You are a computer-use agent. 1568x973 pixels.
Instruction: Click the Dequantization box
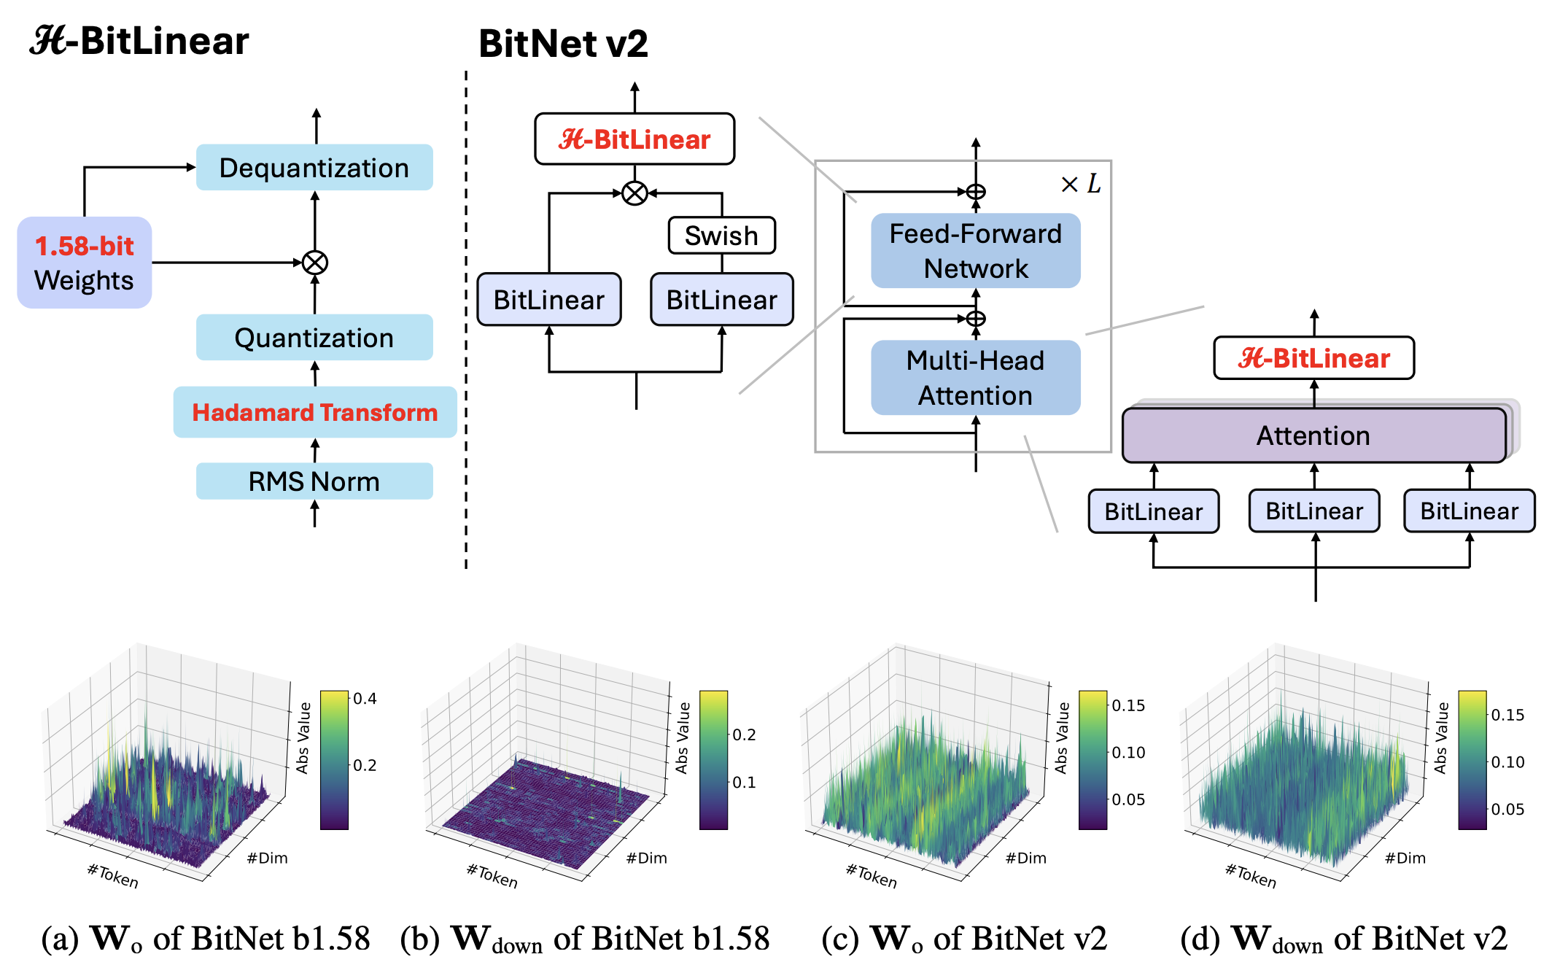314,168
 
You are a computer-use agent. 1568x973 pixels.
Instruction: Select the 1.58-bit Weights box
85,263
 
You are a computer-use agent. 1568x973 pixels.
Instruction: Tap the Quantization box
314,338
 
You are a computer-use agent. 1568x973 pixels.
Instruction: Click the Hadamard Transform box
314,412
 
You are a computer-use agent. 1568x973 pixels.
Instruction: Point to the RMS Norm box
314,481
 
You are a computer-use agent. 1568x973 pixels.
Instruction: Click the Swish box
721,236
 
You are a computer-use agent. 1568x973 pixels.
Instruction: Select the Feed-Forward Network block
975,251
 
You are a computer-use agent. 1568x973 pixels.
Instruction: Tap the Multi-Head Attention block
975,378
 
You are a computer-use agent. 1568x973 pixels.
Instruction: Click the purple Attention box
1313,435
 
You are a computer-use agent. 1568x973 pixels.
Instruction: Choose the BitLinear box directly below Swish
721,300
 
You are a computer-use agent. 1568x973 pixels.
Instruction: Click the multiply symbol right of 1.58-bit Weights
315,263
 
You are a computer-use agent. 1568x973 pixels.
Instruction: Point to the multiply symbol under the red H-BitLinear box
634,193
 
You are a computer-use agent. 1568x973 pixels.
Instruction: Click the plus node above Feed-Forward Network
976,192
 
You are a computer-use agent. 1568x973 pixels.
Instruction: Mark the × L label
1081,184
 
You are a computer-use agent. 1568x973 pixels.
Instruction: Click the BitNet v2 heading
563,44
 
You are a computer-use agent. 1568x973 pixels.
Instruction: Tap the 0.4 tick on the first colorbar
365,699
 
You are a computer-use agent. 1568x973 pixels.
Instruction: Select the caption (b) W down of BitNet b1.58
585,939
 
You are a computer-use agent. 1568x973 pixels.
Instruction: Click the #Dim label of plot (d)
1405,858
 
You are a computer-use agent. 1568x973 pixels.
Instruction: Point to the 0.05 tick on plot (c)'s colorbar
1128,799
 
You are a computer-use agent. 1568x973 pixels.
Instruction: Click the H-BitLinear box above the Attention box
1313,358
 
